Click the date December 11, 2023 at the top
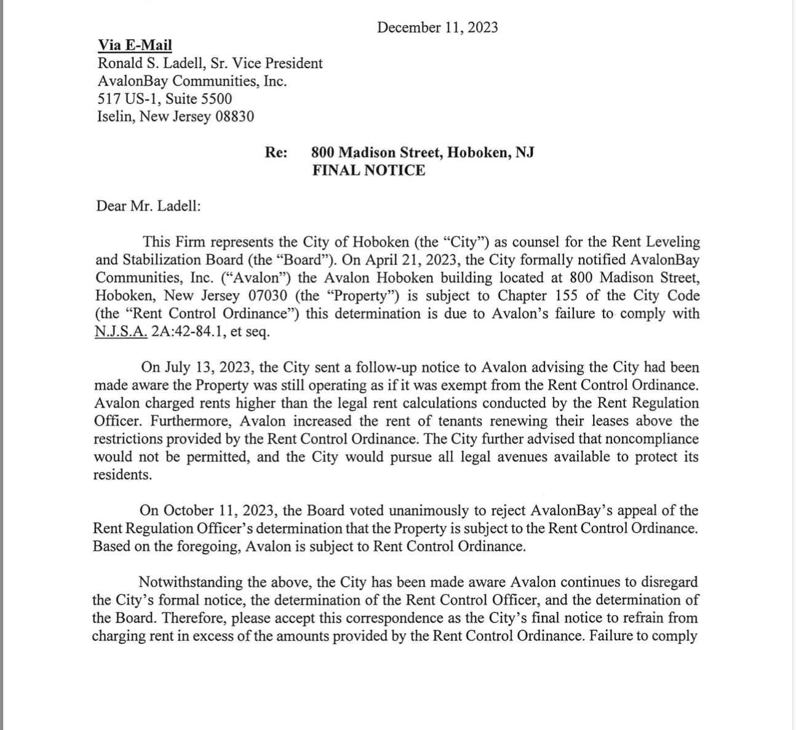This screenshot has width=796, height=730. point(437,28)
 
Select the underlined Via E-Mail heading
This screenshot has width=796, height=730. point(135,45)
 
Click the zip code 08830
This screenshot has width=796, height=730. point(234,117)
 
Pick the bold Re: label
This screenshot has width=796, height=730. point(276,152)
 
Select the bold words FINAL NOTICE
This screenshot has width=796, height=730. point(368,170)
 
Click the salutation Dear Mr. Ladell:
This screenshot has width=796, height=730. point(148,206)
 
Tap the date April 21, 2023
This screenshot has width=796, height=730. point(404,260)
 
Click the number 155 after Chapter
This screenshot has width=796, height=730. point(566,296)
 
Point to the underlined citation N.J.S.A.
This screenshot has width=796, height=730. point(121,332)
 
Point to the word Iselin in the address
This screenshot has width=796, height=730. point(114,117)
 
